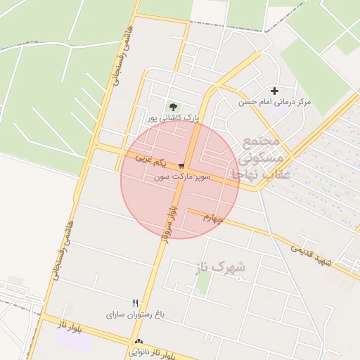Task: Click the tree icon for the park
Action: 172,107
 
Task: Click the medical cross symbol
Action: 274,91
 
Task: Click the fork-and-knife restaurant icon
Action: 135,303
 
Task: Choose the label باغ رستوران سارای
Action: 135,314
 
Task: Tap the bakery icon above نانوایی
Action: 136,342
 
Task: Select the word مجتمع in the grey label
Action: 261,141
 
